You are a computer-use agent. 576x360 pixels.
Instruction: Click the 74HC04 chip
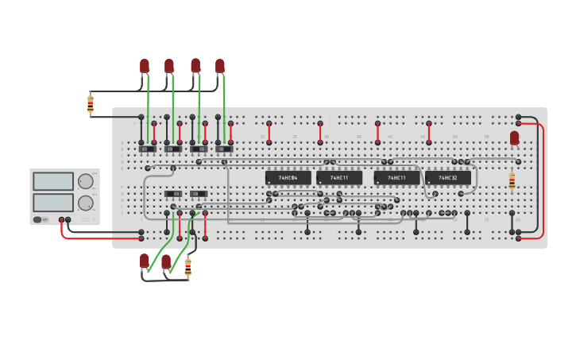tap(288, 177)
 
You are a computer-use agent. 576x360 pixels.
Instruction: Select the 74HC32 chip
tap(447, 177)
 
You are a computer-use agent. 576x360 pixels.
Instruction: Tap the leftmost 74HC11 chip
tap(338, 177)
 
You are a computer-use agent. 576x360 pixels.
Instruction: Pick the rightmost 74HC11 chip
tap(396, 177)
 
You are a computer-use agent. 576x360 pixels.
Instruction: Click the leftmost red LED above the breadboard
tap(145, 65)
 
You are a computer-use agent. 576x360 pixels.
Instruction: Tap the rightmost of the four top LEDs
tap(220, 65)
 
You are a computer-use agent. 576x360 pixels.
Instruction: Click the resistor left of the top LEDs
tap(91, 103)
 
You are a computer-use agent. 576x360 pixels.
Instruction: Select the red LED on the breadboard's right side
tap(514, 138)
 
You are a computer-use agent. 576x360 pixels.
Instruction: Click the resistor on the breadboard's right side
tap(512, 180)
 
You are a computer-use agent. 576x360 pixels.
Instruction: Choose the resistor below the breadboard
tap(187, 267)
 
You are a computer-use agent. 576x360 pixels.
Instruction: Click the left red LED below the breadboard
tap(144, 261)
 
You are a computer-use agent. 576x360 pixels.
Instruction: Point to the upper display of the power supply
tap(53, 181)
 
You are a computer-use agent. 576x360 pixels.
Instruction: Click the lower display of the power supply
tap(53, 203)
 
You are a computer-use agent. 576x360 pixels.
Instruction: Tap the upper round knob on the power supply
tap(85, 181)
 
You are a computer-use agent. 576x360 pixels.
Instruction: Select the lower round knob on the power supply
tap(85, 203)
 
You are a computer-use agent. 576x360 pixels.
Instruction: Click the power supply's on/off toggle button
tap(37, 219)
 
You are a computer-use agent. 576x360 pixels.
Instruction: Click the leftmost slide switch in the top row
tap(148, 149)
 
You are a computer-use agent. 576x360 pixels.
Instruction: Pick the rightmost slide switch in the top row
tap(224, 149)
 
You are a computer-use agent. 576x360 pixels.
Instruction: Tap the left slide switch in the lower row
tap(173, 194)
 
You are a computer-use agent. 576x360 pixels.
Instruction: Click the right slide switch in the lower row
tap(199, 194)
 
